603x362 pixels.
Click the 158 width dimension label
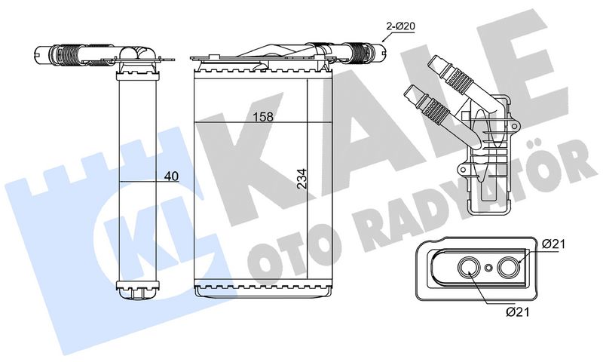point(263,117)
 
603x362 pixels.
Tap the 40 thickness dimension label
point(171,176)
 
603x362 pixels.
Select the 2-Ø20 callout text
point(401,26)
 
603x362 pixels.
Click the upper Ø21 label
point(553,244)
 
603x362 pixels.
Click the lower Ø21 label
point(518,312)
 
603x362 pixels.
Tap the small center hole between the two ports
point(488,268)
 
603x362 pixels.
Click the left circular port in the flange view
point(468,268)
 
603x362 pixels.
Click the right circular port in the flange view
point(509,268)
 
